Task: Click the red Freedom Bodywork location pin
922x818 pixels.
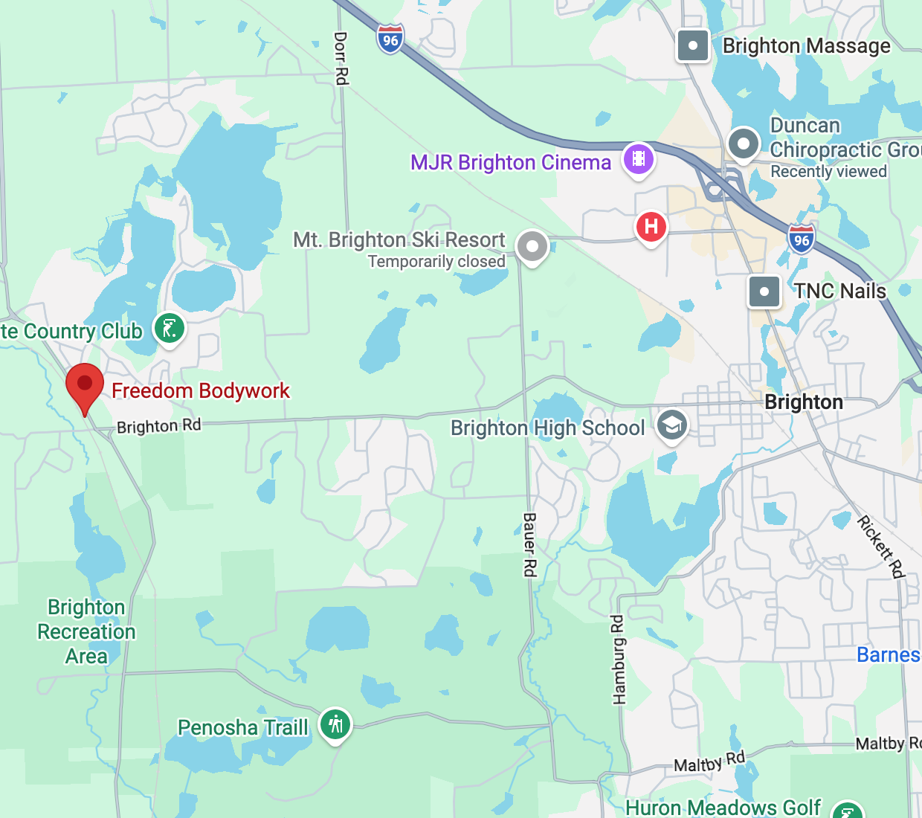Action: click(x=85, y=384)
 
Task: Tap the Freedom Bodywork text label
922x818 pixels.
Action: click(x=200, y=390)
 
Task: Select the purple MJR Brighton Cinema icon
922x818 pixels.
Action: click(x=638, y=159)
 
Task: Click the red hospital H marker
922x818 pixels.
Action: click(x=651, y=226)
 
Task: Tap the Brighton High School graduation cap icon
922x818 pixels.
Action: click(x=672, y=425)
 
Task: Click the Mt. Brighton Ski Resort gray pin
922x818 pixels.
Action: click(x=532, y=246)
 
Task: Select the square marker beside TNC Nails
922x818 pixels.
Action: click(x=764, y=292)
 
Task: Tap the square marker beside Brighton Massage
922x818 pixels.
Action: click(x=693, y=45)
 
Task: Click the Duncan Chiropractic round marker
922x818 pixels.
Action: click(x=743, y=143)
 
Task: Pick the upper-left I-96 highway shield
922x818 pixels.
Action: click(x=390, y=39)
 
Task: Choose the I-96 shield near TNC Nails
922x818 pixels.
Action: click(x=802, y=239)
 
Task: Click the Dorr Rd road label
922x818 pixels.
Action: click(x=341, y=58)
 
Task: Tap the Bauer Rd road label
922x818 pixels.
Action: click(x=529, y=544)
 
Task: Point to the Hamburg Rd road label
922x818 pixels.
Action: click(x=619, y=659)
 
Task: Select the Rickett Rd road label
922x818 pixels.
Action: click(x=881, y=547)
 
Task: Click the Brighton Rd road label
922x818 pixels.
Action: click(x=159, y=426)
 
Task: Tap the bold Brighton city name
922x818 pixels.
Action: click(x=804, y=402)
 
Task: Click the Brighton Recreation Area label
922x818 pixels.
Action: click(x=86, y=631)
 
